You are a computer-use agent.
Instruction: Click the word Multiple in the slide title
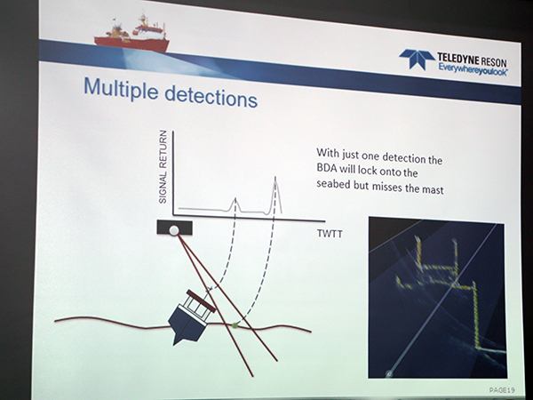click(x=121, y=89)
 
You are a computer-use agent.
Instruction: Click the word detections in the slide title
click(x=211, y=97)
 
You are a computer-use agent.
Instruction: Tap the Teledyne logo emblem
click(x=417, y=58)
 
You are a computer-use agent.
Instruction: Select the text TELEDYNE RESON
click(x=472, y=60)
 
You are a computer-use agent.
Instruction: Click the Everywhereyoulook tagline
click(x=473, y=69)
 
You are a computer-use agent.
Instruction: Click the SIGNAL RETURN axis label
click(x=163, y=167)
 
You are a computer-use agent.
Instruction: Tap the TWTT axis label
click(x=330, y=234)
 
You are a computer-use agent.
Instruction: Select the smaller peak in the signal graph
click(x=235, y=200)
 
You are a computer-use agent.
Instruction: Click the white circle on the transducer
click(x=174, y=230)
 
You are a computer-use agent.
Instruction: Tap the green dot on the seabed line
click(x=235, y=325)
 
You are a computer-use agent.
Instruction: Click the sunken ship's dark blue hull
click(x=186, y=324)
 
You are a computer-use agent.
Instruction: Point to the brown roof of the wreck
click(x=201, y=300)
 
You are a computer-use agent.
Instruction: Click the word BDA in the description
click(x=326, y=168)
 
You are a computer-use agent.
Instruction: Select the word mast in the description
click(x=433, y=189)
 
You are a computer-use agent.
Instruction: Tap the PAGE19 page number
click(x=502, y=390)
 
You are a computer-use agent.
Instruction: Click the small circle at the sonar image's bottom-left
click(x=388, y=373)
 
